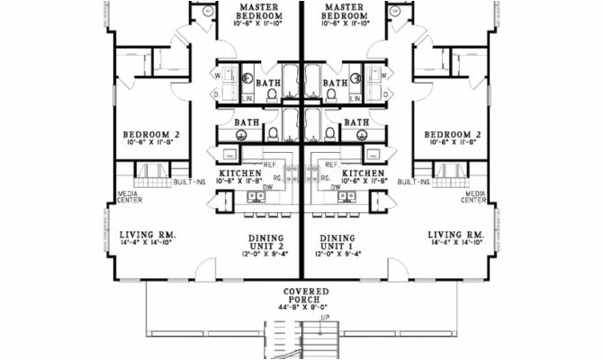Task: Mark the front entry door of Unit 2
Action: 207,268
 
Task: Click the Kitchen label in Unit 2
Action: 240,172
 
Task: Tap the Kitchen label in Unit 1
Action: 363,172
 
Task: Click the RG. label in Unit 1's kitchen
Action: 328,177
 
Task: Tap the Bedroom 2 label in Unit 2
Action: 151,135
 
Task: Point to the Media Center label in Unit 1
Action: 474,195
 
